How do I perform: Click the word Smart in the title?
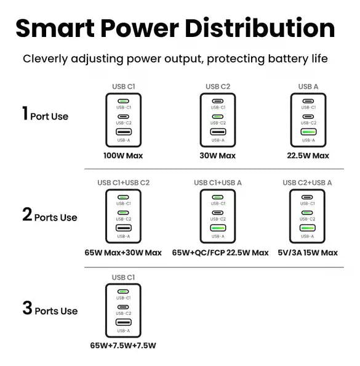[55, 28]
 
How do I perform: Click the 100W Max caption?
[123, 156]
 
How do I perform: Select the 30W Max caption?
[218, 156]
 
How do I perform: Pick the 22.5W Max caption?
[308, 156]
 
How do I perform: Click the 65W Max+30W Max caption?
[123, 253]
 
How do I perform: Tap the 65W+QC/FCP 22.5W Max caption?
[220, 253]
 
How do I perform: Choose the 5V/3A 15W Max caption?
[308, 253]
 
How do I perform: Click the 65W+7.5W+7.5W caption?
[123, 346]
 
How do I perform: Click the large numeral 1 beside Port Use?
[25, 113]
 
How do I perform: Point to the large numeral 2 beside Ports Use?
[27, 214]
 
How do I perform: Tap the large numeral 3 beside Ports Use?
[27, 308]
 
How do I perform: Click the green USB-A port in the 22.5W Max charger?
[308, 132]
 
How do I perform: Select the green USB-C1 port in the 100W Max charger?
[123, 101]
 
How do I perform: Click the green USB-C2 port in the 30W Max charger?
[218, 116]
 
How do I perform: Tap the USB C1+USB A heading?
[218, 183]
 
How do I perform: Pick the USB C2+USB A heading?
[307, 183]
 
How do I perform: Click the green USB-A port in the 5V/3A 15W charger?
[307, 228]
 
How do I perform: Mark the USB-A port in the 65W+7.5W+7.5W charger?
[124, 322]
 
